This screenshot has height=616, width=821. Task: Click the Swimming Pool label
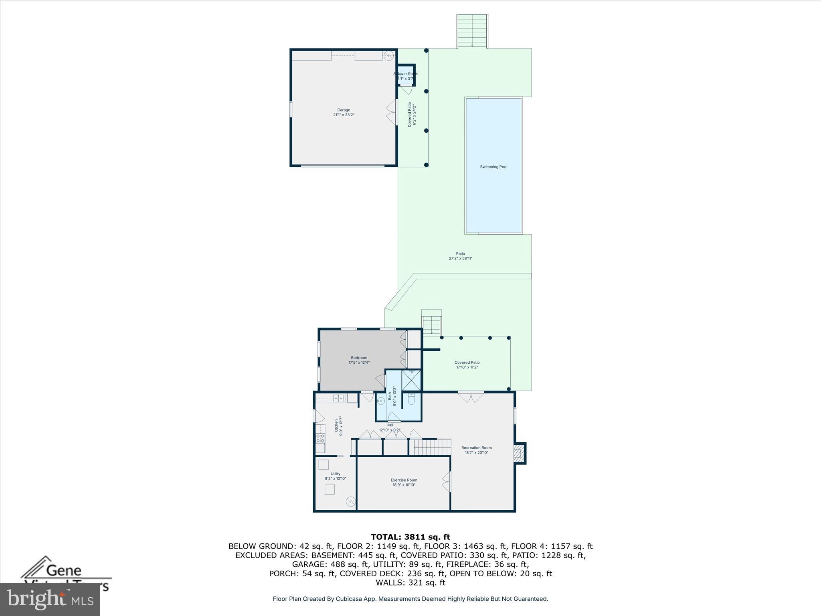coord(493,167)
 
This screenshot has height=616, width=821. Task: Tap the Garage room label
coord(344,110)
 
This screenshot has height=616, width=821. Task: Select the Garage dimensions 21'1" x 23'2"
coord(344,115)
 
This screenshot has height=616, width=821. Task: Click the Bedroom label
coord(359,358)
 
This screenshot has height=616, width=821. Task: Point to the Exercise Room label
coord(404,480)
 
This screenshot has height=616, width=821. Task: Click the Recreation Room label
coord(476,448)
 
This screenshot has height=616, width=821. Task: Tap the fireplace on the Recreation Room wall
coord(519,453)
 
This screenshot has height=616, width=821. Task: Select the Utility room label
coord(335,474)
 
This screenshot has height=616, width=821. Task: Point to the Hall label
coord(390,425)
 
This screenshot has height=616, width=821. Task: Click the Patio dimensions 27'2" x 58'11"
coord(460,259)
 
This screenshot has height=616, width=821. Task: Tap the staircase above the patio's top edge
coord(472,31)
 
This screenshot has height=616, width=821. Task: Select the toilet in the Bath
coord(412,400)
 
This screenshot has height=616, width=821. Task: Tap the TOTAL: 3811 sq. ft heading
coord(410,537)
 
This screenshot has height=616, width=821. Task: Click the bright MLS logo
coord(50,599)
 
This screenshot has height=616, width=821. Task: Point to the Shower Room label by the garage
coord(406,74)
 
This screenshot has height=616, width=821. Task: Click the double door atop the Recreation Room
coord(471,397)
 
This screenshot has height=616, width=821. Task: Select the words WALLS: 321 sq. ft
coord(410,583)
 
